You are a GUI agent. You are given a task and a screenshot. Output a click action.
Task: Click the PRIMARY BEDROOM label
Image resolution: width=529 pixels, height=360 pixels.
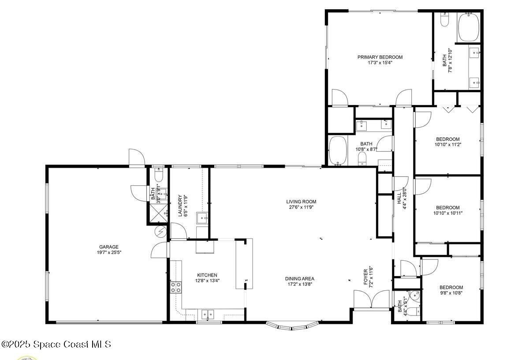click(380, 57)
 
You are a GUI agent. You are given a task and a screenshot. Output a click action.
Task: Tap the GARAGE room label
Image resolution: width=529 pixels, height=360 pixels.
click(108, 247)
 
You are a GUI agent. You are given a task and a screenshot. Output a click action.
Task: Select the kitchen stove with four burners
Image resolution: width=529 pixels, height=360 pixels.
click(176, 288)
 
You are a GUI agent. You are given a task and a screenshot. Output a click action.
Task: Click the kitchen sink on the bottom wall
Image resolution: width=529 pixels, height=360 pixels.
click(207, 314)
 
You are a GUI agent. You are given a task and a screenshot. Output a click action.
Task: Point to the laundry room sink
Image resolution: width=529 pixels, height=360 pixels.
click(202, 217)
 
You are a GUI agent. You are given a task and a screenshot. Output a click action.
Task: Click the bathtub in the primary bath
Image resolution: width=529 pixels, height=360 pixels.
click(471, 28)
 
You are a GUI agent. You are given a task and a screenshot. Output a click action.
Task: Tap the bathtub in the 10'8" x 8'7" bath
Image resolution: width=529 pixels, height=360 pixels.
click(338, 150)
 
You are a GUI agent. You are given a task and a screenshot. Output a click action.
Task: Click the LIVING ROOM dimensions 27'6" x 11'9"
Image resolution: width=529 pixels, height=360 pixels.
click(301, 207)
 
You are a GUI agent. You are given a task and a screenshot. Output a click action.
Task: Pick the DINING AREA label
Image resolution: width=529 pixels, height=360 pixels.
click(299, 279)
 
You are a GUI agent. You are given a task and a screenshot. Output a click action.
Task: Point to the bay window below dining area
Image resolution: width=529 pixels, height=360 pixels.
click(292, 326)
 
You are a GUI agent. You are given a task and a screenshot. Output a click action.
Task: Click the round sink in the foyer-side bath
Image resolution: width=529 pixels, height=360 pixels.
click(414, 296)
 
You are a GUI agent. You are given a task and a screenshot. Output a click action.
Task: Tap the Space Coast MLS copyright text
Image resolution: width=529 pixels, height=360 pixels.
click(56, 344)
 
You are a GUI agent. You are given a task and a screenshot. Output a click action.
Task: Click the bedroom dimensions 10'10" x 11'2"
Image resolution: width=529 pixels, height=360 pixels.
click(447, 144)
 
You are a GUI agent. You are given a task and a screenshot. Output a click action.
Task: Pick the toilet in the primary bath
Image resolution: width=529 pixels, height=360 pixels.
click(444, 20)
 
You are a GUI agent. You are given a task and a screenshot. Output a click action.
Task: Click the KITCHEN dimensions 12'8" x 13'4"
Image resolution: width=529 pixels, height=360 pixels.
click(207, 280)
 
